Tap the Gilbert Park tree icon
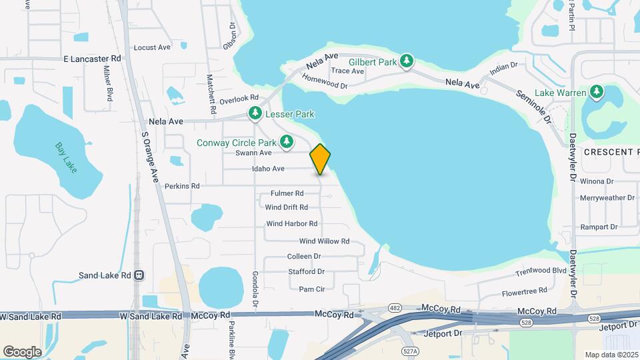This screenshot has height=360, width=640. (x=407, y=62)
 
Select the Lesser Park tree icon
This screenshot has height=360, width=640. (x=255, y=114)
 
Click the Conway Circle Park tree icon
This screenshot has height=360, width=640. (x=287, y=141)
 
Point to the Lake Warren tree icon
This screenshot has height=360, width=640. (x=598, y=92)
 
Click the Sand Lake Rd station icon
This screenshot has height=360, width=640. (x=139, y=275)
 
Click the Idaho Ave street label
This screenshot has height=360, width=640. (x=269, y=169)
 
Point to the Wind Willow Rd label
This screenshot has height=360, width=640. (x=324, y=241)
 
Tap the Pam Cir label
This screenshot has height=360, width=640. (x=311, y=289)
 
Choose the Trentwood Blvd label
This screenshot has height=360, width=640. (x=541, y=272)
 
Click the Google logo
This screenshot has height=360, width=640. (x=22, y=351)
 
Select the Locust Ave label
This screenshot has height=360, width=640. (x=152, y=47)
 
